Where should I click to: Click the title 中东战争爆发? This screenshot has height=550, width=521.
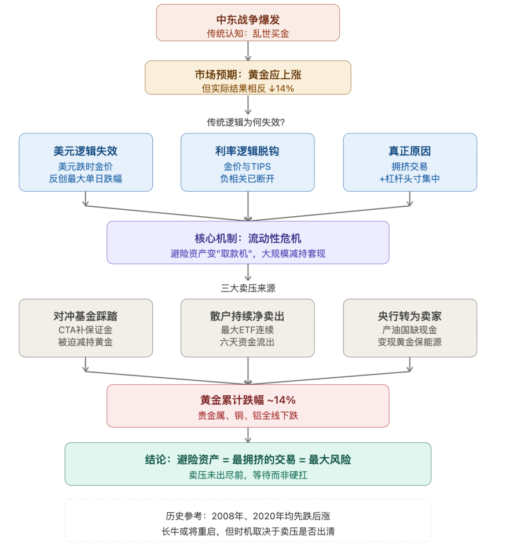point(248,20)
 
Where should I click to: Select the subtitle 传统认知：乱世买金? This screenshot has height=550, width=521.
point(248,34)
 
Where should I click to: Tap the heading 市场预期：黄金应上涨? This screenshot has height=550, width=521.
point(248,75)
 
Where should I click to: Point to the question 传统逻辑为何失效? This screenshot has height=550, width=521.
point(248,122)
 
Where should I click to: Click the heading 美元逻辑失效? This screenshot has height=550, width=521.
point(86,151)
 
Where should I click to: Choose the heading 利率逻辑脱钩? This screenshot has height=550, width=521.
point(248,151)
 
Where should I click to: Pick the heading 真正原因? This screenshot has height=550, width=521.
point(410,151)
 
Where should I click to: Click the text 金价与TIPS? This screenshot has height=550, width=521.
point(248,166)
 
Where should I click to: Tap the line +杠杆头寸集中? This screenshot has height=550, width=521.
point(410,179)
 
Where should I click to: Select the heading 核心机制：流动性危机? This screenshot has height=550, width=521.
point(248,239)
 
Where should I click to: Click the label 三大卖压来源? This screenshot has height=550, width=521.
point(248,288)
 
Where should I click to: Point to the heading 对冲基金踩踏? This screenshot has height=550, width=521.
point(86,316)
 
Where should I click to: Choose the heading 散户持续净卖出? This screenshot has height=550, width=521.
point(248,316)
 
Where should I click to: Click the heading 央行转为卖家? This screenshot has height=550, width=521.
point(410,316)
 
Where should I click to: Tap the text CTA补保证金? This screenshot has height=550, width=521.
point(86,330)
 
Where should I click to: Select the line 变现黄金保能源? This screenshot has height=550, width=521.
point(410,342)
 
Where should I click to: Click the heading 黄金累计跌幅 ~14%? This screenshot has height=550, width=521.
point(248,400)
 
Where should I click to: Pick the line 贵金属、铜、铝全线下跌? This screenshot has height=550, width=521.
point(248,416)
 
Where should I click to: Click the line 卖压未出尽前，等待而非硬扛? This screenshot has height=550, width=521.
point(248,474)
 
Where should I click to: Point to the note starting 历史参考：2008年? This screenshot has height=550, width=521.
point(248,516)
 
